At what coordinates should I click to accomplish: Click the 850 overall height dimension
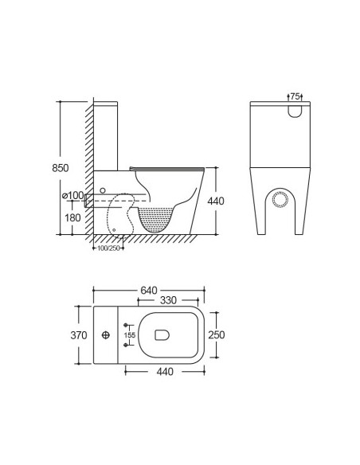(50, 168)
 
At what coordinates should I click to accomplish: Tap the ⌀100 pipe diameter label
(72, 195)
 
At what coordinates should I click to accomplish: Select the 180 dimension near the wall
(73, 217)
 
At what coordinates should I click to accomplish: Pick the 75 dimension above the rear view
(294, 96)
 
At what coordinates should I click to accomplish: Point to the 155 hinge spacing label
(131, 335)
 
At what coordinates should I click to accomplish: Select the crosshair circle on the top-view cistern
(107, 335)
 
